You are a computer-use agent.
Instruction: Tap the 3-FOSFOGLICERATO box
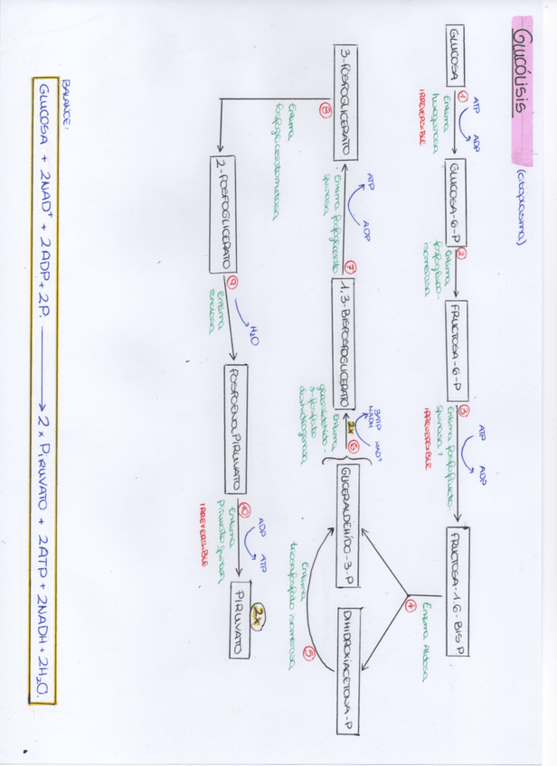coord(347,102)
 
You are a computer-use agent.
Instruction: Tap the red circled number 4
coord(411,606)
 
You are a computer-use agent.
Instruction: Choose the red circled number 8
coord(325,111)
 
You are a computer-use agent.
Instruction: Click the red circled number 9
coord(234,283)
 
